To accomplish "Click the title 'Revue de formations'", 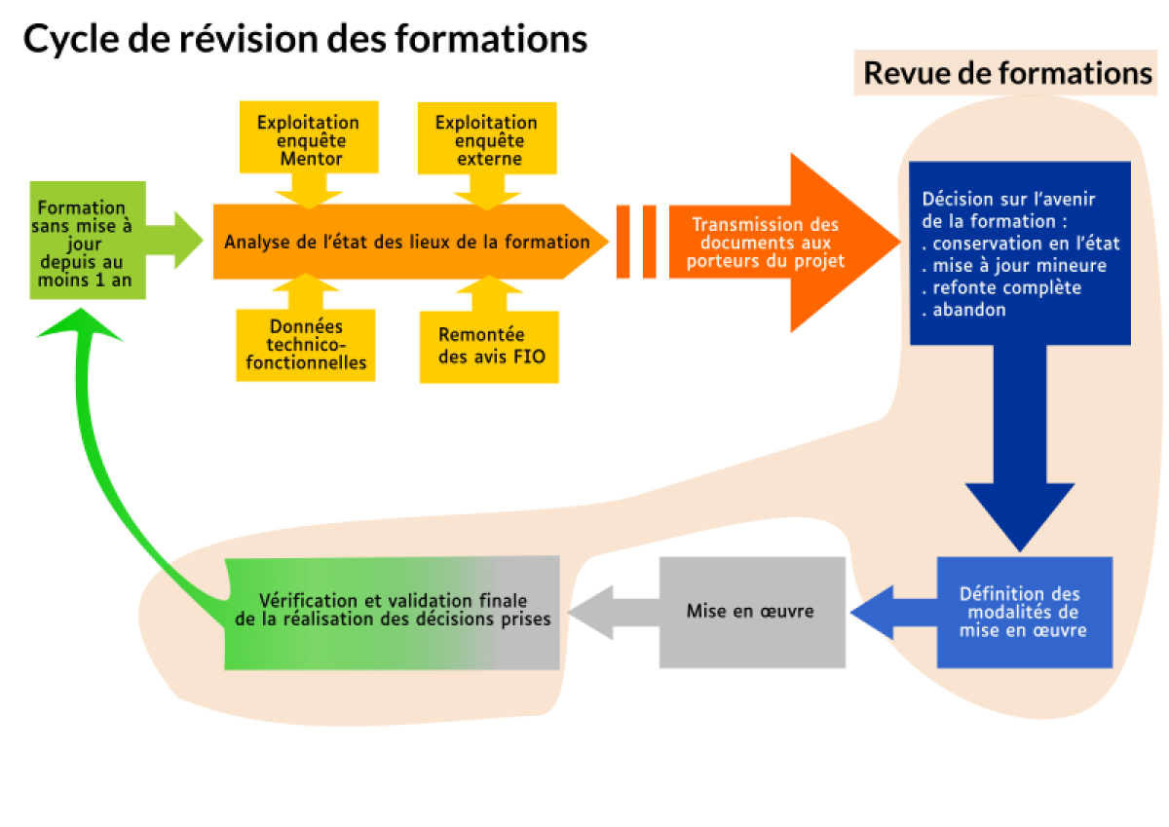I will point(1007,73).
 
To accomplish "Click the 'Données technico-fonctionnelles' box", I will point(305,345).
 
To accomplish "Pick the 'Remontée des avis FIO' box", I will point(490,346).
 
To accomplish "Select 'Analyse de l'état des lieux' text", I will point(406,242).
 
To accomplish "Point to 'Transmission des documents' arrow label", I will point(765,243).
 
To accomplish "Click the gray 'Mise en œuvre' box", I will point(751,612).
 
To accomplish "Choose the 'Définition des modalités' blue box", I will point(1024,612).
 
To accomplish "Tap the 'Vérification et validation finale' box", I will point(393,611).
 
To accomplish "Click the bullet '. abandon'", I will point(963,310).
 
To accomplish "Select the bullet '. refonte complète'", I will point(1000,287).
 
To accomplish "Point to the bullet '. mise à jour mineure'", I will point(1013,265).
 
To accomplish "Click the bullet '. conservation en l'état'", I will point(1020,244).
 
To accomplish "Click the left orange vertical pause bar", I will point(622,242).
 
